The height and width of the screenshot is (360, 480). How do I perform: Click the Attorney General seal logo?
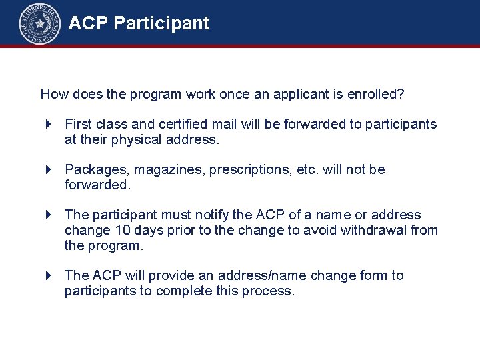click(x=39, y=24)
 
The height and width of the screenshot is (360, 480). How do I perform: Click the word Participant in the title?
click(x=161, y=23)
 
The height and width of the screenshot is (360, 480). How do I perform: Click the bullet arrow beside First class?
click(x=49, y=124)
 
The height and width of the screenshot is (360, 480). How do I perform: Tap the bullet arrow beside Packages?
click(x=49, y=170)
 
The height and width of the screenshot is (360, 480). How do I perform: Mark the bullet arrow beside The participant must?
click(x=49, y=215)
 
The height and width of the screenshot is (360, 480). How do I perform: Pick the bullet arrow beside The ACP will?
click(x=49, y=275)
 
